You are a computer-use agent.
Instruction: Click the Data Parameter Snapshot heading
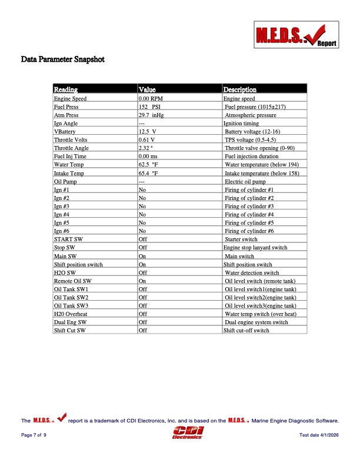tap(63, 59)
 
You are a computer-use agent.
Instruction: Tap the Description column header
tap(239, 90)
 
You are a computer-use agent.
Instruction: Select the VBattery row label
tap(64, 132)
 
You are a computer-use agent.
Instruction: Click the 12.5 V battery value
tap(147, 132)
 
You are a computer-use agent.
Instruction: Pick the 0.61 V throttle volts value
tap(146, 141)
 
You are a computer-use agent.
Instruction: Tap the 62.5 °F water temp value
tap(148, 165)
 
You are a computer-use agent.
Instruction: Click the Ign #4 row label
tap(62, 215)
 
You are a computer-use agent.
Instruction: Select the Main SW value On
tap(142, 256)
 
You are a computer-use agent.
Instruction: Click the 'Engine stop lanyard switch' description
tap(255, 248)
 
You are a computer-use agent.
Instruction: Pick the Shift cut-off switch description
tap(246, 331)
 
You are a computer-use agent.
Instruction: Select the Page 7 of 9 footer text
tap(34, 435)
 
